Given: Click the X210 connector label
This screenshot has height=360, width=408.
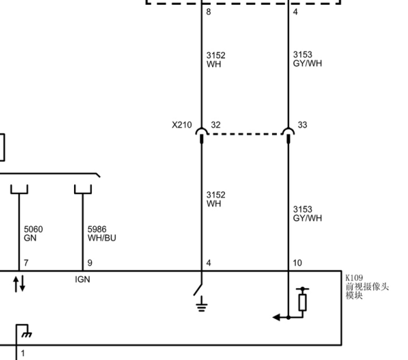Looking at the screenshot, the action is coord(182,125).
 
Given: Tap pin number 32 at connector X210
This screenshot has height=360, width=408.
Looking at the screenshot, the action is coord(216,125).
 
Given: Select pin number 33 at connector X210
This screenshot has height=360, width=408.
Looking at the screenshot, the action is coord(303,125).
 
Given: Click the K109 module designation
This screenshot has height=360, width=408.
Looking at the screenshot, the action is coord(354,278).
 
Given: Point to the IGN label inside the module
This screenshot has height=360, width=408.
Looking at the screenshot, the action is coord(82,279).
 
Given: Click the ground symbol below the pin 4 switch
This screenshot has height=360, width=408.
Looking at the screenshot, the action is coord(202,304).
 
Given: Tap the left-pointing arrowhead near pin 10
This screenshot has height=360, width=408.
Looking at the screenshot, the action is coord(276,317).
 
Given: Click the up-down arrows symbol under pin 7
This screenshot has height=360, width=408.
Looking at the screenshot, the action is coord(19,283).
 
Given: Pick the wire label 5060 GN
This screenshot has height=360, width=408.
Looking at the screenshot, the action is coord(33,234).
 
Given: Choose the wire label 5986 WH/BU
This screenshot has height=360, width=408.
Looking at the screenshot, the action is coord(102,234).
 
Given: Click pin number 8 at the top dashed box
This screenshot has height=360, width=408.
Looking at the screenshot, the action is coord(209,12).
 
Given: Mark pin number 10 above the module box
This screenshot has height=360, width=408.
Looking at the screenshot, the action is coord(297,263).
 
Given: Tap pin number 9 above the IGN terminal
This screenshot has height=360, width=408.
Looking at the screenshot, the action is coord(90,263).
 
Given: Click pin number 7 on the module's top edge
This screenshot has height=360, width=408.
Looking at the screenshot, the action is coord(26,263).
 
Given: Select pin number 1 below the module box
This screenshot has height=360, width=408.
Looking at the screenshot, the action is coord(23,353).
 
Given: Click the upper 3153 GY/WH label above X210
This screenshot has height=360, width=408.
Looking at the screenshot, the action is coord(307,58).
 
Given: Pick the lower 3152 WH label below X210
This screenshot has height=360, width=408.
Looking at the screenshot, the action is coord(216,199).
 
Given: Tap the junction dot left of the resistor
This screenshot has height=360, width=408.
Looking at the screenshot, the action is coord(288,317).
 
